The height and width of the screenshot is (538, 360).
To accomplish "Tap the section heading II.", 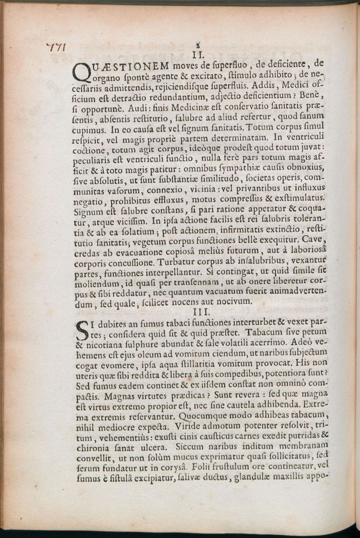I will (x=199, y=55).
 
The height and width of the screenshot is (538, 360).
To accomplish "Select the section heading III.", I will (x=199, y=312).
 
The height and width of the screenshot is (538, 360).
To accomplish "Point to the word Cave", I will (x=314, y=239).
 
